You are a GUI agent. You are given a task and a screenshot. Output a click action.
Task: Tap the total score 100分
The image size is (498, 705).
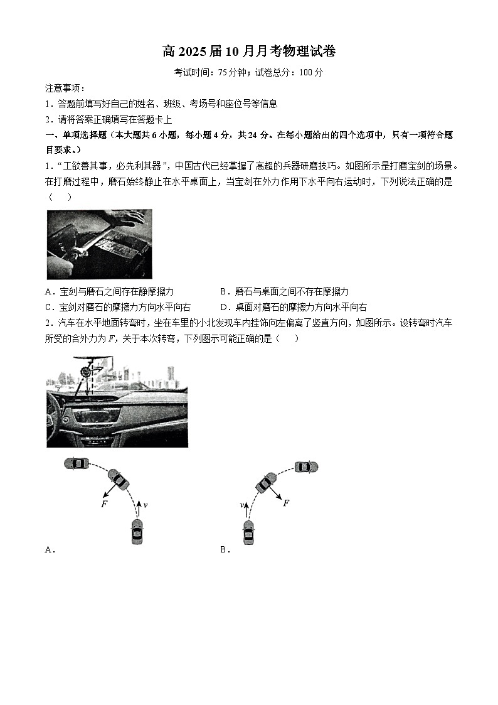coord(312,72)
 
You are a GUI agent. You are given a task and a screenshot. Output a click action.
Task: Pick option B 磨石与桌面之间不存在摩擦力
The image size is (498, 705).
coord(285,291)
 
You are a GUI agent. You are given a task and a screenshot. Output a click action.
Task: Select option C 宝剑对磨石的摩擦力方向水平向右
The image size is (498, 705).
coord(119,307)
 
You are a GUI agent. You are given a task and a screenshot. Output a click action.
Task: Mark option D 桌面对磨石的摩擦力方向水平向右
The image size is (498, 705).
coord(294,307)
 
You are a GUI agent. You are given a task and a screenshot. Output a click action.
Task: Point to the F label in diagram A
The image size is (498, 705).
coord(104,504)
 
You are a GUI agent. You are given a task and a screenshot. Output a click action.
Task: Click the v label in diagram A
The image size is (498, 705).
coord(146,504)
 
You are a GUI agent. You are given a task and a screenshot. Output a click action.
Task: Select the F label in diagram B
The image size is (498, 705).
coord(286,503)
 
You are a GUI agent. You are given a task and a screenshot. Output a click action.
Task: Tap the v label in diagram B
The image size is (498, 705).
coord(241,504)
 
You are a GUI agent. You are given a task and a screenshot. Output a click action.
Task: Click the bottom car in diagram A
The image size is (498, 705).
coord(137,532)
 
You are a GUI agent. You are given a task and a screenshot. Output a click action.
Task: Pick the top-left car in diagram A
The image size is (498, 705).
coord(77,463)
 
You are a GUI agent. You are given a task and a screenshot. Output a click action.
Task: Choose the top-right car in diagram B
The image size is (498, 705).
coord(306,466)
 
